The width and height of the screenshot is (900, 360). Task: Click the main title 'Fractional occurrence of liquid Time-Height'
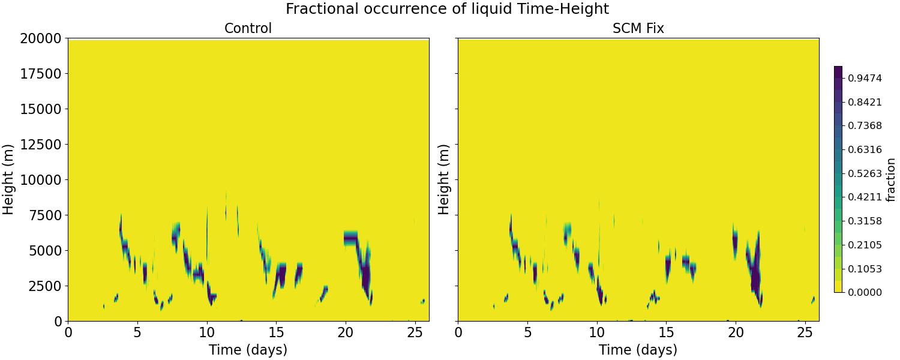point(447,9)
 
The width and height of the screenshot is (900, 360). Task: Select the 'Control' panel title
point(248,28)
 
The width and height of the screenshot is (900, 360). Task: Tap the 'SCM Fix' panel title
point(638,28)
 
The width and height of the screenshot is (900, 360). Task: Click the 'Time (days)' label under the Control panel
point(248,350)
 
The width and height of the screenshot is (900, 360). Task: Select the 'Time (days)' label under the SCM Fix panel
point(638,350)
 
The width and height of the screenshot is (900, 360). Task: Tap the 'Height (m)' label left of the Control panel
point(8,179)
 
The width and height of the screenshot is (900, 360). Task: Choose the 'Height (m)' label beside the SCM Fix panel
point(443,179)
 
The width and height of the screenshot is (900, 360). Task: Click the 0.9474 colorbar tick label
point(865,78)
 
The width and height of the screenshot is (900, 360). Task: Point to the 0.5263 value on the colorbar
point(865,173)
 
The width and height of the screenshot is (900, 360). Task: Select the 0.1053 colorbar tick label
point(865,269)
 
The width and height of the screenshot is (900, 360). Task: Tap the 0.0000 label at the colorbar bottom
point(865,292)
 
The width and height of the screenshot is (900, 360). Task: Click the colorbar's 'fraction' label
point(890,179)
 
